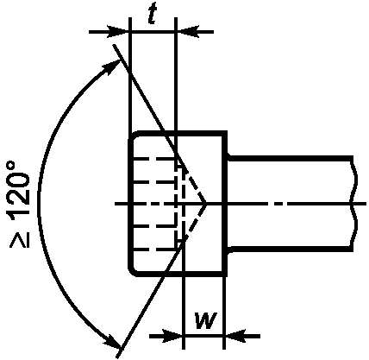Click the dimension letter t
152,16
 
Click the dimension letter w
205,320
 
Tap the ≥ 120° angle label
19,205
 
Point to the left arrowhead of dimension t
118,32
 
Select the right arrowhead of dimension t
187,32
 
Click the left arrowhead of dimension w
172,336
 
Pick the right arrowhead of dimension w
235,336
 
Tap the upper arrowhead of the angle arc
111,67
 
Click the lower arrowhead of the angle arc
111,339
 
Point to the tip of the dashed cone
206,204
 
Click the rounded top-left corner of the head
133,136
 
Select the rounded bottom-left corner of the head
133,272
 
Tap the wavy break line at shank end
354,203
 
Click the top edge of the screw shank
291,159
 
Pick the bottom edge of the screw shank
291,247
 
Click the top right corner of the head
225,133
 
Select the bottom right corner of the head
225,275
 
